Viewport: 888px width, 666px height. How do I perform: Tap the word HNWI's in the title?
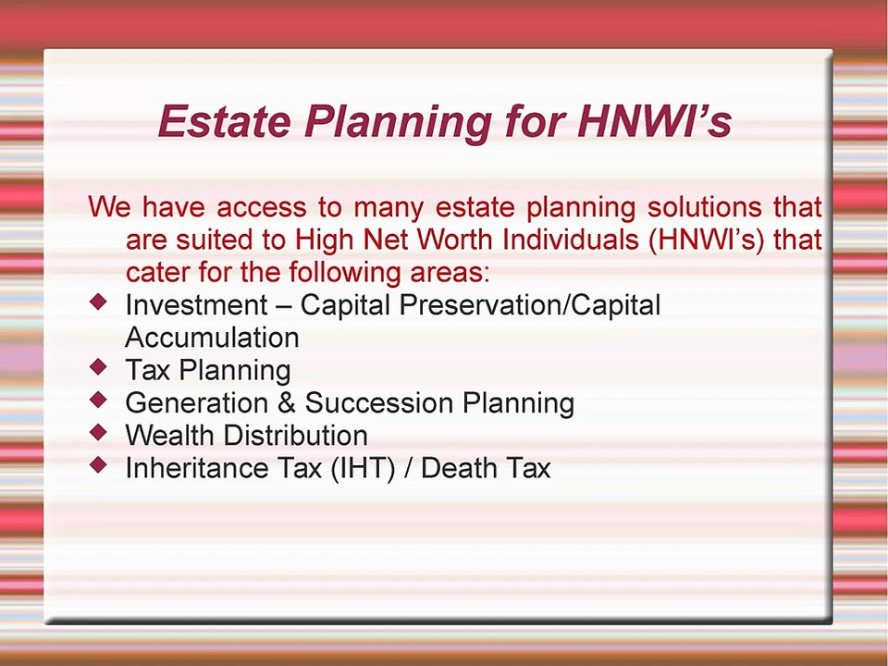click(x=654, y=121)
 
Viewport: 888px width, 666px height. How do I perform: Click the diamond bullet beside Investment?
click(x=99, y=302)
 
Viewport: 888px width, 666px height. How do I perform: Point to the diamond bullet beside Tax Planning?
click(x=99, y=367)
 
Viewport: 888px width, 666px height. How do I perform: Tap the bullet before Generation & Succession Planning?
click(x=99, y=400)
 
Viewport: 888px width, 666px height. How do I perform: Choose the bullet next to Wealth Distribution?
click(x=99, y=432)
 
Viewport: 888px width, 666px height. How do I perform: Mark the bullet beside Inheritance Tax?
click(x=99, y=464)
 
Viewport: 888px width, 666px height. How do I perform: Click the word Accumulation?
click(x=212, y=337)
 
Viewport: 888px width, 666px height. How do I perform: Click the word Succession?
click(x=379, y=403)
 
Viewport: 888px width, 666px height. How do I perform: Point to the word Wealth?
click(x=169, y=435)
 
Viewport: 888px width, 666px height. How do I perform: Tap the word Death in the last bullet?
click(x=459, y=468)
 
